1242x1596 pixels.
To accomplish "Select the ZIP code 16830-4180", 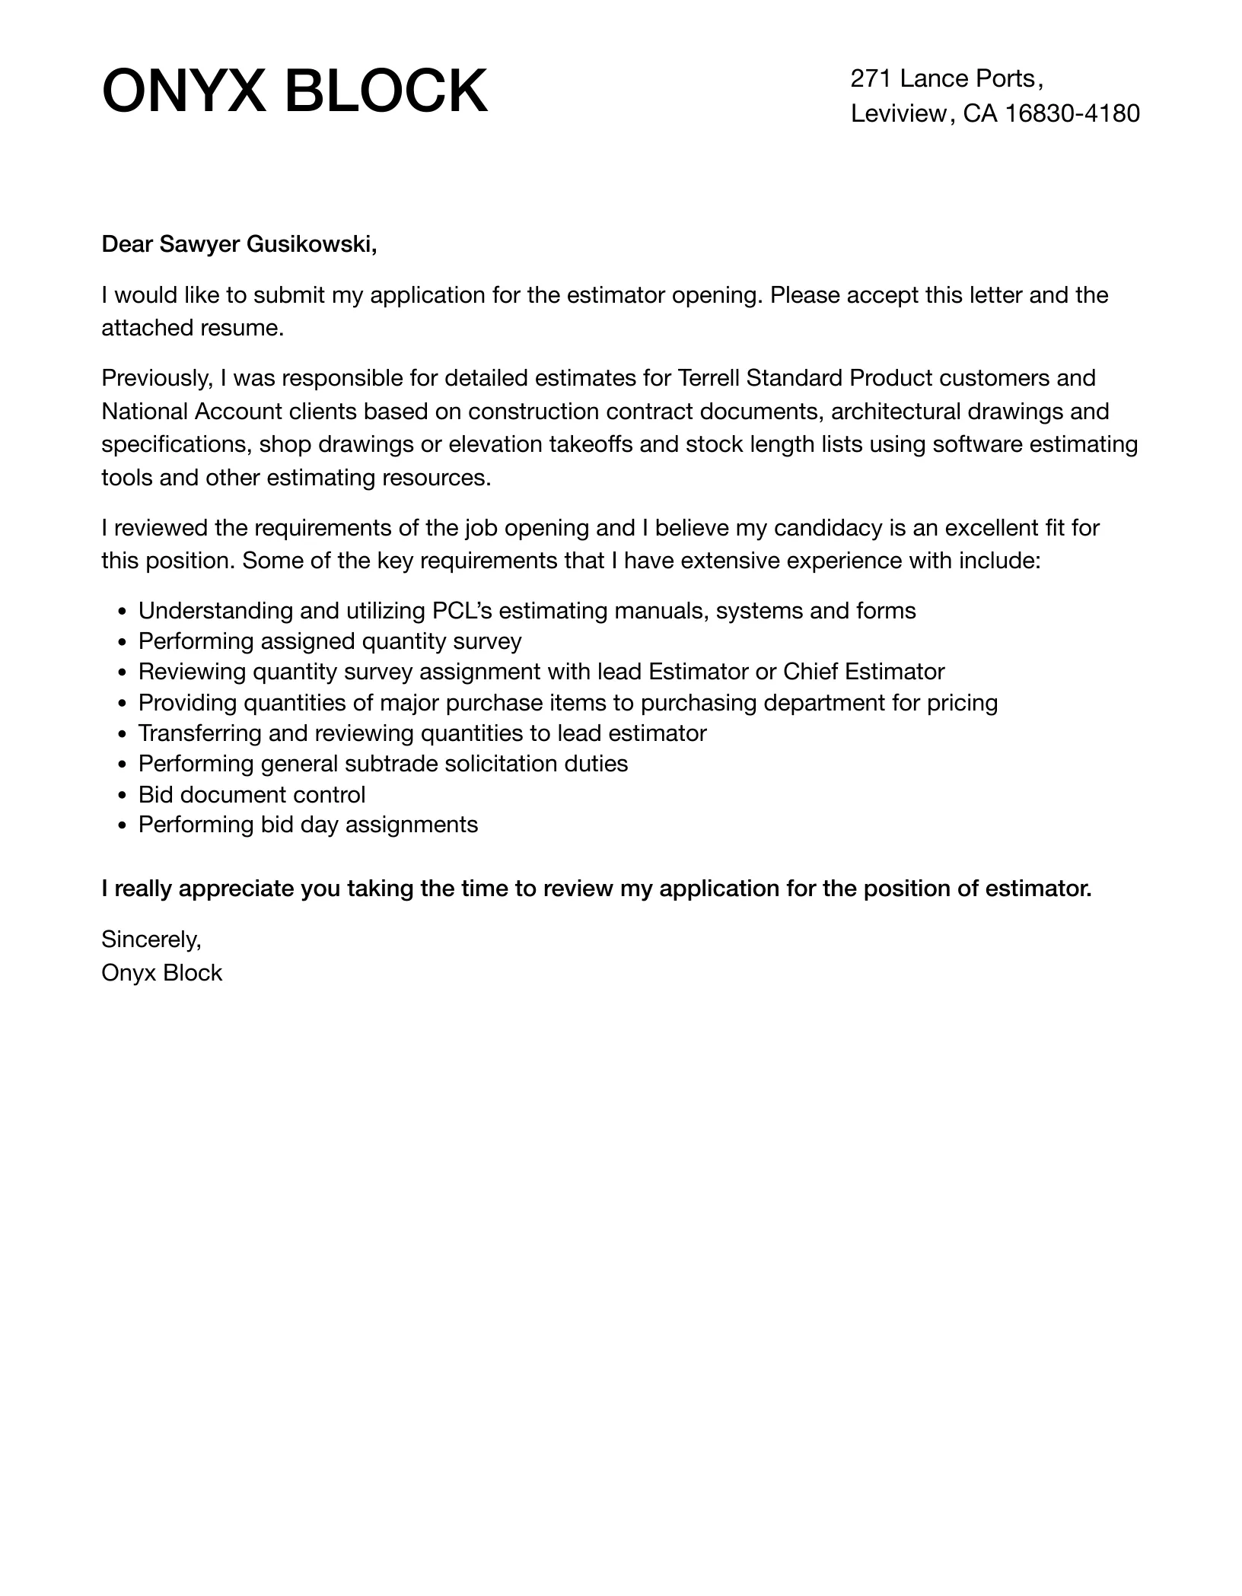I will click(1073, 113).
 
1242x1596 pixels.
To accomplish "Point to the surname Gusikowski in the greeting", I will click(312, 244).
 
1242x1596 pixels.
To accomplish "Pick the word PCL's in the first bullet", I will click(461, 611).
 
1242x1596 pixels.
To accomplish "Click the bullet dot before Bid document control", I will click(123, 796).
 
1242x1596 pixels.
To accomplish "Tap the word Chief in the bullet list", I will click(810, 672).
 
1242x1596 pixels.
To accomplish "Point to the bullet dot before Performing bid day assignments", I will click(123, 826).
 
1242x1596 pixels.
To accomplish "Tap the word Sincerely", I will click(151, 939).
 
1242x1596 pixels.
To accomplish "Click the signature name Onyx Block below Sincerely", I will click(161, 973).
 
